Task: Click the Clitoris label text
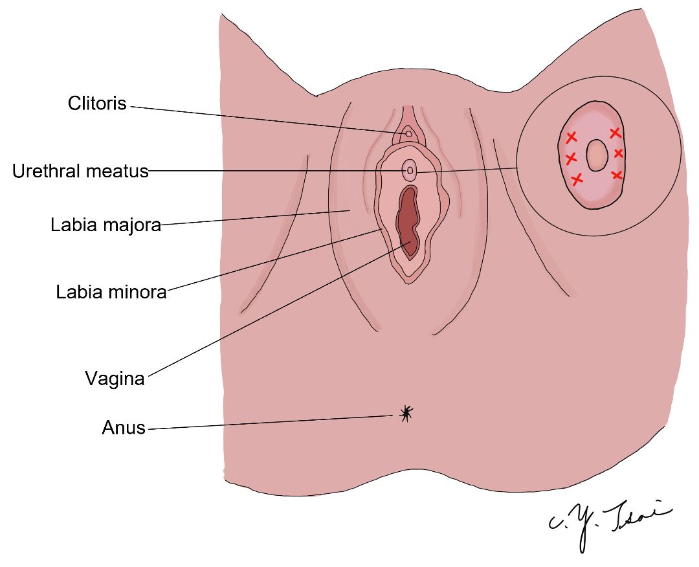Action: (x=97, y=104)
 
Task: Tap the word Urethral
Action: (x=47, y=171)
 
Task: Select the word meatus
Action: (x=116, y=172)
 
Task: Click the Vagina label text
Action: (x=115, y=379)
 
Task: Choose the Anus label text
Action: (x=124, y=428)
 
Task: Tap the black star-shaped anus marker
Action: (x=406, y=413)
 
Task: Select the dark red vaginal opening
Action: (x=408, y=221)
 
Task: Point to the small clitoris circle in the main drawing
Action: (x=408, y=134)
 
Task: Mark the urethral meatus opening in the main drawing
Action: (x=410, y=170)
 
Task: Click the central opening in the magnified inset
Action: (x=596, y=155)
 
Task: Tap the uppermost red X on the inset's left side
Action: (x=571, y=137)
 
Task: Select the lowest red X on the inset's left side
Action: (x=577, y=179)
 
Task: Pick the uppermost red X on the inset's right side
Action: (x=616, y=133)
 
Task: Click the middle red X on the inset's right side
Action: (x=618, y=153)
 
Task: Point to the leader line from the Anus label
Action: (x=271, y=423)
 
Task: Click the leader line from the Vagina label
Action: (x=280, y=309)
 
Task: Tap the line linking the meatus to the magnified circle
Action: (x=467, y=170)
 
